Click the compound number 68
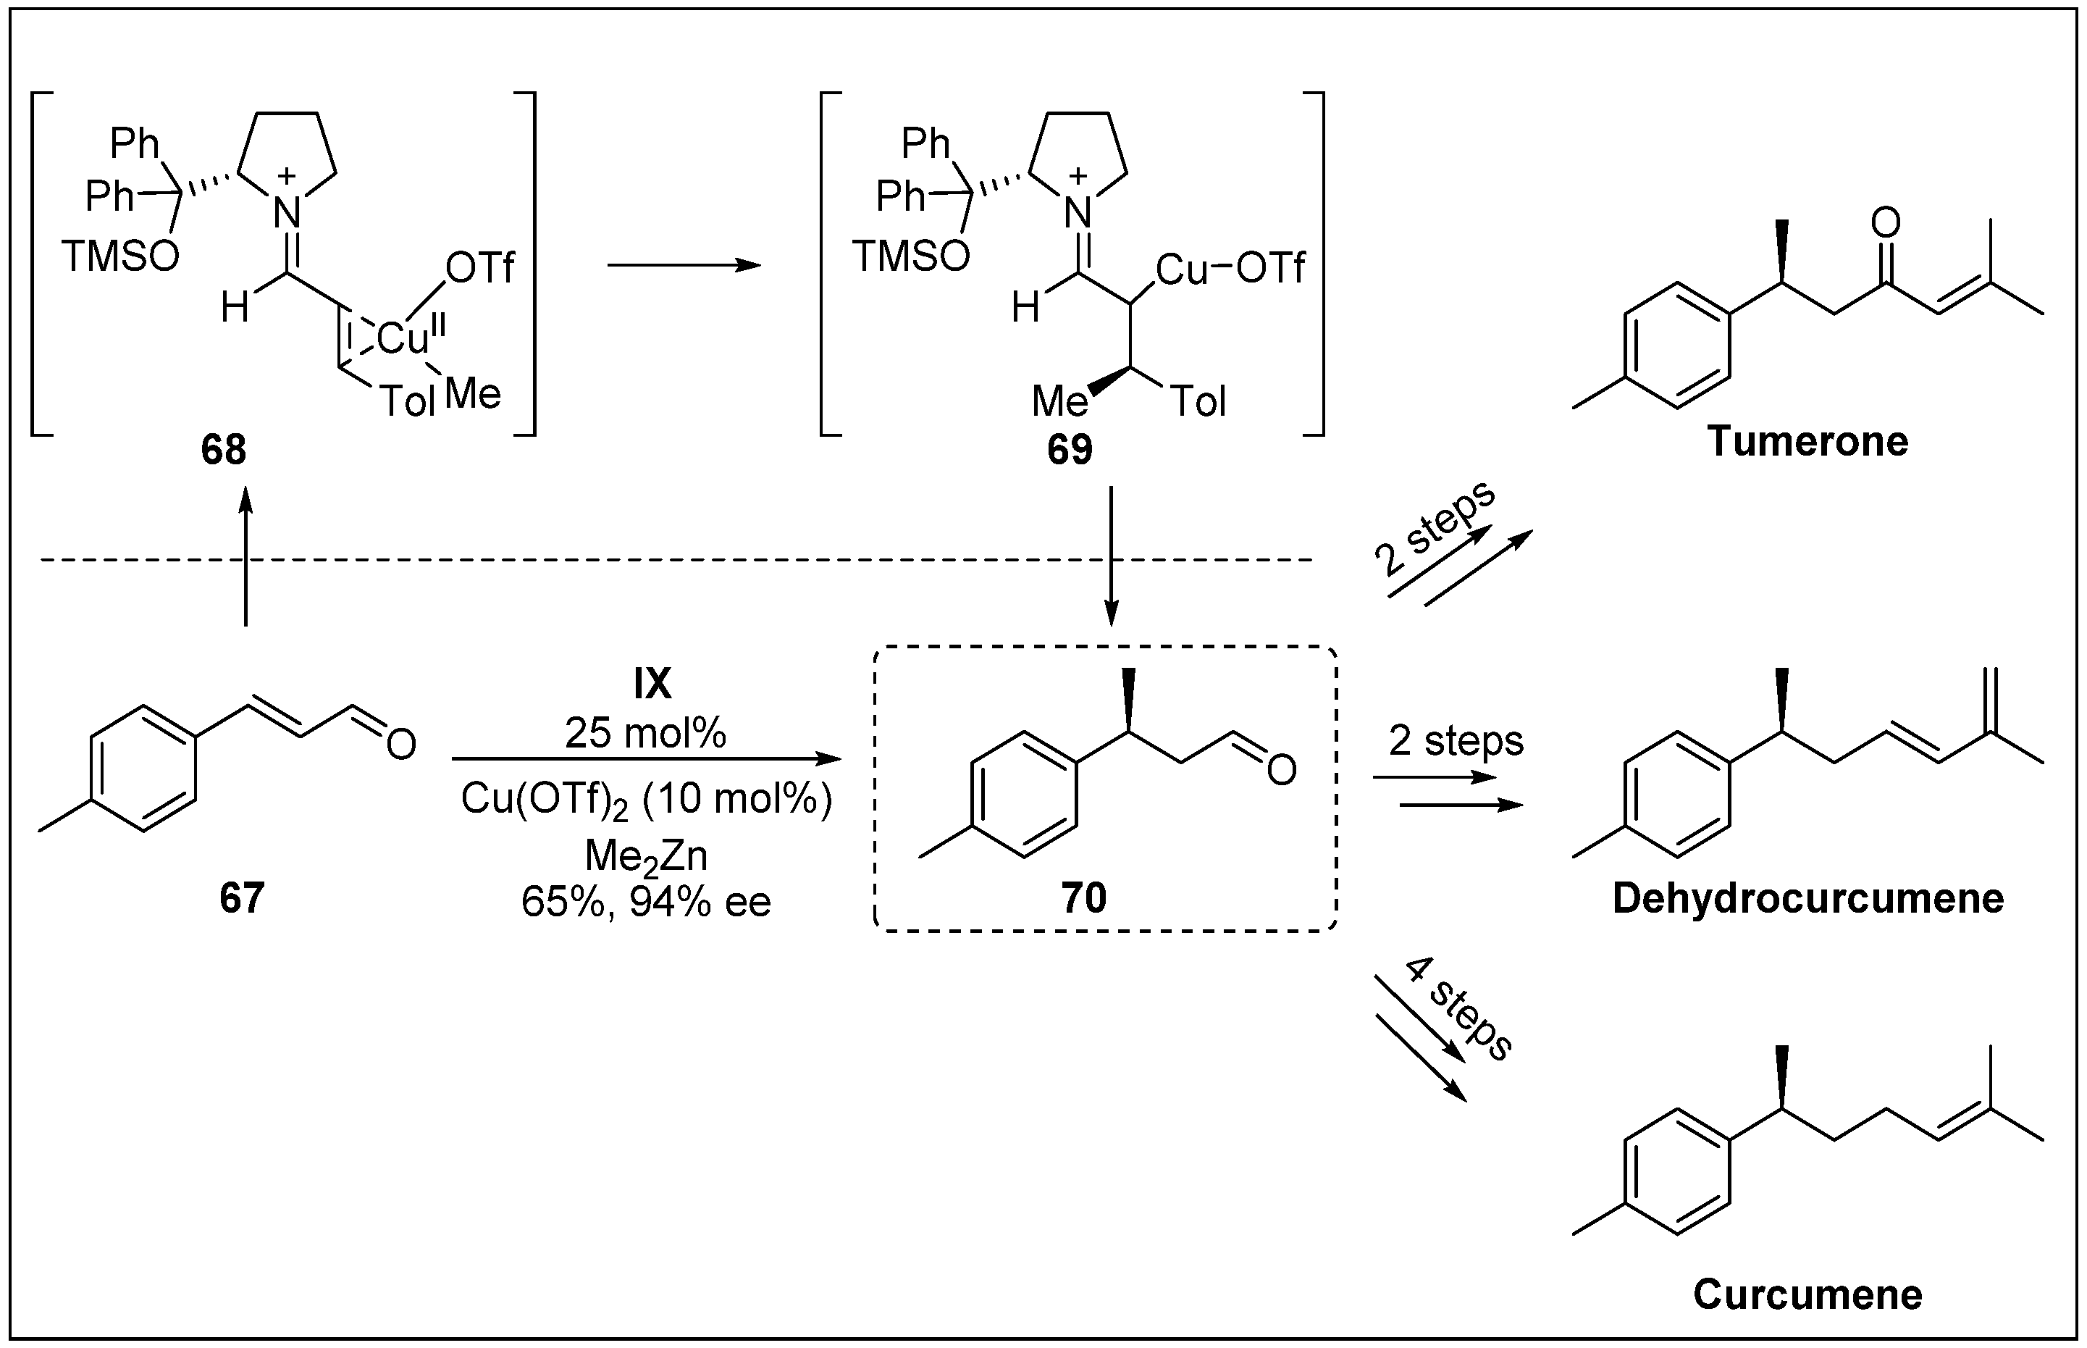coord(223,450)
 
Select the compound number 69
coord(1070,450)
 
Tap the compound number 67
coord(242,898)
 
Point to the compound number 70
coord(1083,898)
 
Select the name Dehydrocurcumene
coord(1808,898)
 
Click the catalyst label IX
coord(652,685)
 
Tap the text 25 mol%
coord(645,732)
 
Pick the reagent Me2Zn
coord(646,856)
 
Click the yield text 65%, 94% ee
coord(646,902)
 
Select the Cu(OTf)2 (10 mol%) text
coord(646,798)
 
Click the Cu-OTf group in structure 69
coord(1230,269)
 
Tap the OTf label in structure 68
coord(479,268)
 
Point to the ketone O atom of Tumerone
coord(1886,222)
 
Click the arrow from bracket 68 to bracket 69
coord(684,265)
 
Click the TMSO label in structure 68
coord(120,256)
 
